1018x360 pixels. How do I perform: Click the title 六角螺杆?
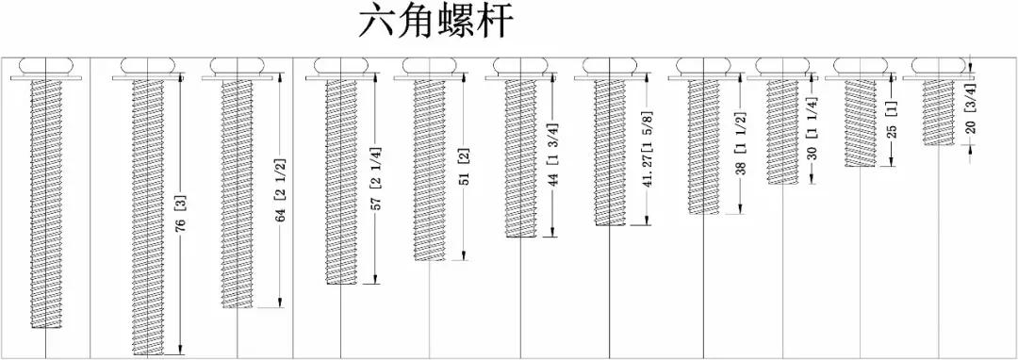point(436,23)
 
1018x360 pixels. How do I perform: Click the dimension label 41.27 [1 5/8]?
point(647,154)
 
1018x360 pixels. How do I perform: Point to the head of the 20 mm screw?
point(938,66)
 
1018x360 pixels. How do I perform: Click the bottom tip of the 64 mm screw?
point(237,305)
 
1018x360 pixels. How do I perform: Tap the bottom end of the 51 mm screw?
point(429,257)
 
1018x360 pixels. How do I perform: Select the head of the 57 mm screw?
point(339,66)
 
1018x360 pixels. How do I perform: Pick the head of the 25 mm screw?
point(859,66)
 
